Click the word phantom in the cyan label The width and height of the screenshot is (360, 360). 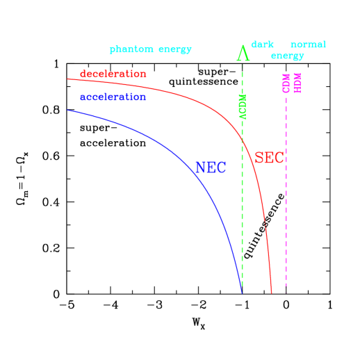click(131, 50)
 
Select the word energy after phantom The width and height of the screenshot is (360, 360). click(174, 50)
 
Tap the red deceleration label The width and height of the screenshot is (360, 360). click(113, 74)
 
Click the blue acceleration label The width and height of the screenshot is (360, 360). click(113, 97)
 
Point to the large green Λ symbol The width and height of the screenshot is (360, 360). click(242, 53)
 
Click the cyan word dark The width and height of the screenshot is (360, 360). click(262, 44)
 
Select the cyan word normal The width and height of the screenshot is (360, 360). click(308, 44)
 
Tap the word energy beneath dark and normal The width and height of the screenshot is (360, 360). click(287, 56)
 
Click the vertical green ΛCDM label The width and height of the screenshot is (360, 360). click(243, 106)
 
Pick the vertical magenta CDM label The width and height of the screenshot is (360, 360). click(286, 83)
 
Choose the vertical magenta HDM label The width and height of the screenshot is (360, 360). click(297, 83)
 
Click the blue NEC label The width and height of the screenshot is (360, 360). click(211, 168)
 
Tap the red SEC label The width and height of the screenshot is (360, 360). click(269, 158)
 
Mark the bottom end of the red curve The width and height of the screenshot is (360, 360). click(271, 293)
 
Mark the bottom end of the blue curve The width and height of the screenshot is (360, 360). click(241, 292)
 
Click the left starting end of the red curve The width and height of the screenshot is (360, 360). click(67, 79)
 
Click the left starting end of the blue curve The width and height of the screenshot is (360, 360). click(67, 110)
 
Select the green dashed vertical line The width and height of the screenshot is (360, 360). click(242, 208)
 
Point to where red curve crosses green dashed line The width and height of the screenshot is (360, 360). click(242, 141)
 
